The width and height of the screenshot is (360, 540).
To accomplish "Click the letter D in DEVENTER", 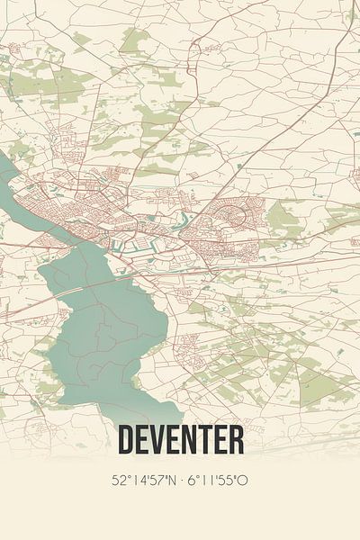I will (127, 440).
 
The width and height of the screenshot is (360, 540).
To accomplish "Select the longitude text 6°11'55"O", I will (216, 480).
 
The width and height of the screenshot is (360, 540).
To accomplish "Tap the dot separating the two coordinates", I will (180, 480).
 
